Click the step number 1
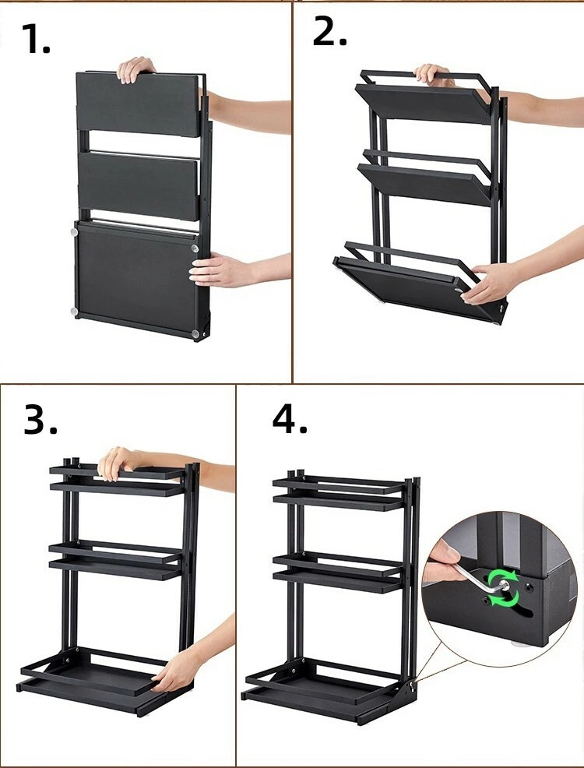tap(36, 39)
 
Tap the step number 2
tap(329, 31)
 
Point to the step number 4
tap(290, 419)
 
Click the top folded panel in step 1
tap(139, 104)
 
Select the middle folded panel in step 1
tap(139, 186)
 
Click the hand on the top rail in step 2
tap(431, 75)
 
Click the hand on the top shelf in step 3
tap(118, 463)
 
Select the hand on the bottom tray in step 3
tap(174, 670)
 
